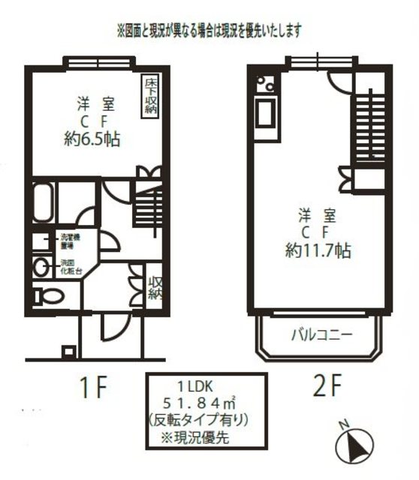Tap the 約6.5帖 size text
point(93,139)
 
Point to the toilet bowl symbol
point(48,295)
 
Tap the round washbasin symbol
point(42,265)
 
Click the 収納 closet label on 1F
point(155,287)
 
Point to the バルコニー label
point(321,334)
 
